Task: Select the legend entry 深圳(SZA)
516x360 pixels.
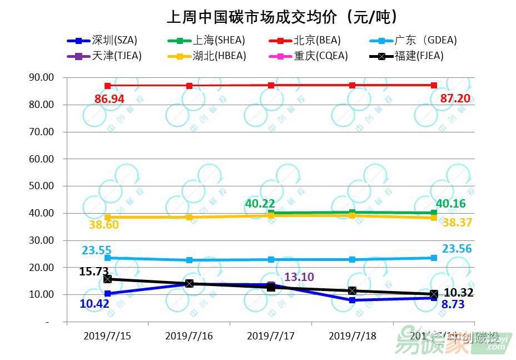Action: pyautogui.click(x=114, y=40)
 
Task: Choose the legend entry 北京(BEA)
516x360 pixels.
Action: pyautogui.click(x=317, y=40)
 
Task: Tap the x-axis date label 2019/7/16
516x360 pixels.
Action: pyautogui.click(x=189, y=336)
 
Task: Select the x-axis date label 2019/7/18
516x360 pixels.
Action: pyautogui.click(x=352, y=336)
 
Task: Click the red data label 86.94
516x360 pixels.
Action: pyautogui.click(x=110, y=100)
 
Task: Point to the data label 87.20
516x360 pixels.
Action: pyautogui.click(x=455, y=99)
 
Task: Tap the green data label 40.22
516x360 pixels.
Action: pyautogui.click(x=260, y=204)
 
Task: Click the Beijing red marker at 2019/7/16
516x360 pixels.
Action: pyautogui.click(x=189, y=86)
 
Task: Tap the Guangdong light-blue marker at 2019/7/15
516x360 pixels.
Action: pyautogui.click(x=108, y=258)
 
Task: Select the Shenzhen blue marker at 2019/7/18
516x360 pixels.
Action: pyautogui.click(x=352, y=300)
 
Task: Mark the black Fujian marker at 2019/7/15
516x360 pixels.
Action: pyautogui.click(x=108, y=279)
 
